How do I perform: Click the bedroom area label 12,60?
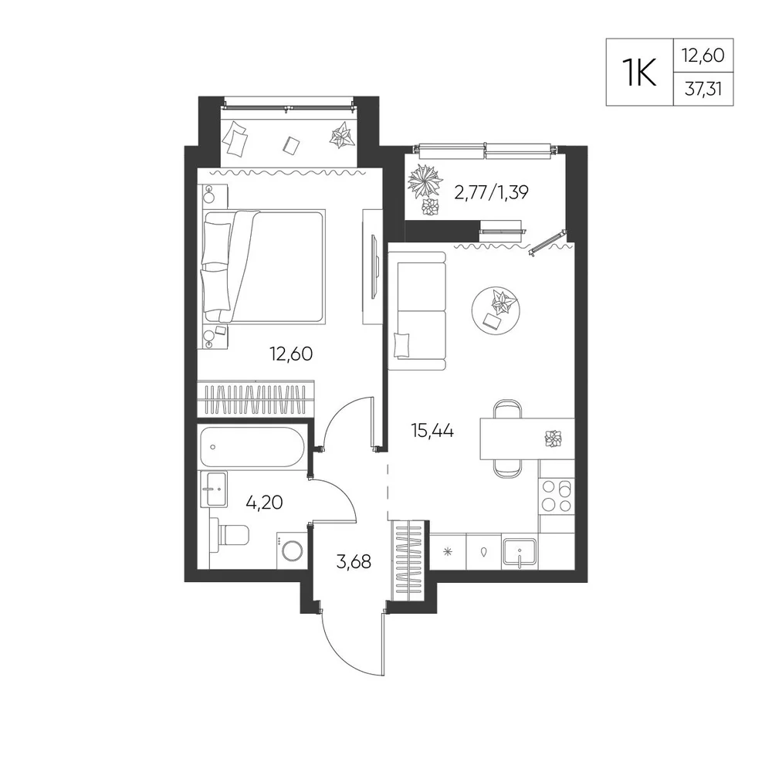pos(291,354)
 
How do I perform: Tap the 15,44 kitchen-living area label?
pos(432,431)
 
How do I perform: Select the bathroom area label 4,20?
pos(264,503)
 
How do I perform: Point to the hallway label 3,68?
pos(354,561)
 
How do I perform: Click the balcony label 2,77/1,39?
pos(491,192)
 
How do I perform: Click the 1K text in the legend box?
pos(639,73)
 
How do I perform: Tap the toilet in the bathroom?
pos(229,535)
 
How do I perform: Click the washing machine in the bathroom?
pos(292,550)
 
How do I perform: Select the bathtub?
pos(252,446)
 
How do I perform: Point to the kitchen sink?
pos(520,554)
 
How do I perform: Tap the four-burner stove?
pos(557,496)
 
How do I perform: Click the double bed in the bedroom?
pos(263,266)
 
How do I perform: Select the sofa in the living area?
pos(417,310)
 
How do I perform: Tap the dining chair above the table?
pos(508,409)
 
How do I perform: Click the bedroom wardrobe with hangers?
pos(256,398)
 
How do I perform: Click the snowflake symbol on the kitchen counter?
pos(448,552)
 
